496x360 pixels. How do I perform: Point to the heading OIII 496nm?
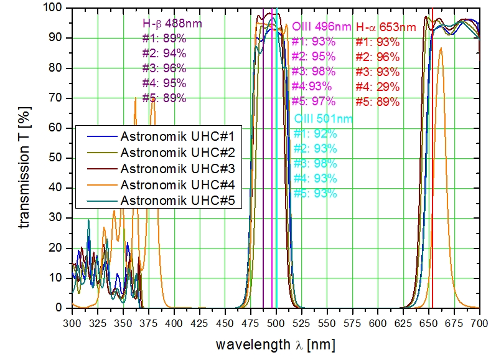point(321,27)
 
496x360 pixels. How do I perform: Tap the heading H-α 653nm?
point(386,27)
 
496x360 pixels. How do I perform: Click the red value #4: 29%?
point(377,87)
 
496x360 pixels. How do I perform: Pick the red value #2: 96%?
point(377,57)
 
